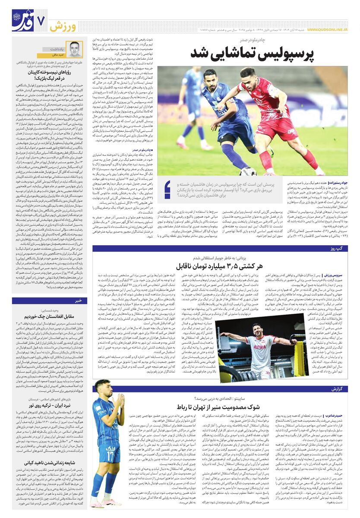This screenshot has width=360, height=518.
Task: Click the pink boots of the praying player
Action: click(x=101, y=503)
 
